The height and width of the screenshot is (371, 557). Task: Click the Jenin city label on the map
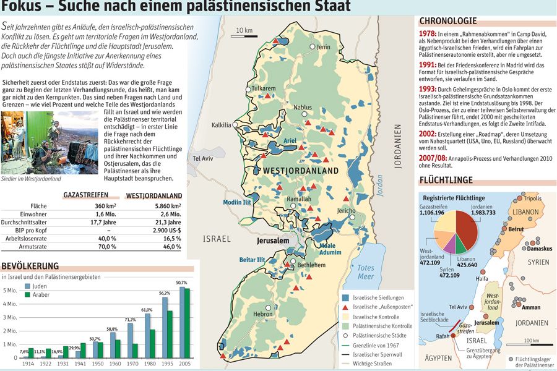[x=323, y=47]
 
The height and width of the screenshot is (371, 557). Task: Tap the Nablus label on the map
[x=302, y=108]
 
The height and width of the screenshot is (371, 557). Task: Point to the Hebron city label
[x=262, y=315]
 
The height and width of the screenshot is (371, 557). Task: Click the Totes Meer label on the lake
[x=366, y=272]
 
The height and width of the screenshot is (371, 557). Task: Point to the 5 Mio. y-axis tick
[x=10, y=290]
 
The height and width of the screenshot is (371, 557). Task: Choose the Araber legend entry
[x=40, y=295]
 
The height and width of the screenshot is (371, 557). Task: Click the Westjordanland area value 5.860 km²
[x=167, y=206]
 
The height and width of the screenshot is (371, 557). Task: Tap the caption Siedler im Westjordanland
[x=32, y=179]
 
